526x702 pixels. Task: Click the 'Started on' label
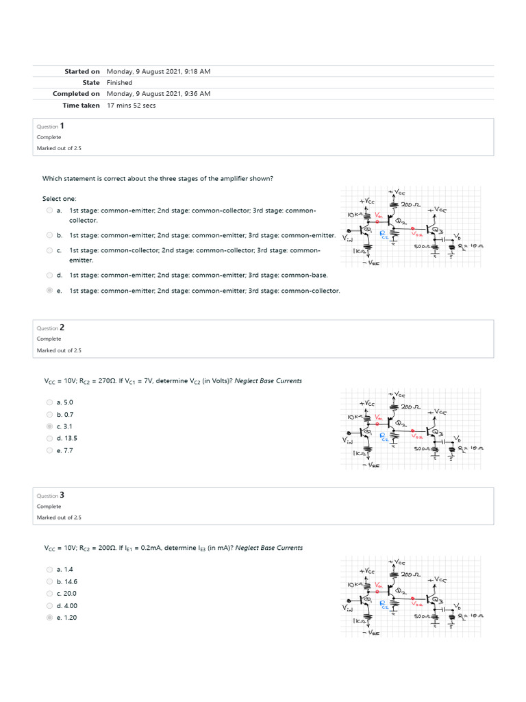[82, 71]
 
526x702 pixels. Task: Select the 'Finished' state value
[119, 82]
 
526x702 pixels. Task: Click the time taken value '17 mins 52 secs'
[131, 106]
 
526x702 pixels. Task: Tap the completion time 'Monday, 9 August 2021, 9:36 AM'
[158, 94]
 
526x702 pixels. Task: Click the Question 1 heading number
[62, 126]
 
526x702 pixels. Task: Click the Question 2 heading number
[62, 328]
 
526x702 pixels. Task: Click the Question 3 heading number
[62, 495]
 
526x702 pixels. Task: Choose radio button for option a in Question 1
[49, 210]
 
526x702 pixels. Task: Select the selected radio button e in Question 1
[49, 291]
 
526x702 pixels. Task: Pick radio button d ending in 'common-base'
[49, 275]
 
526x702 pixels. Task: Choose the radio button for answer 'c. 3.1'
[49, 426]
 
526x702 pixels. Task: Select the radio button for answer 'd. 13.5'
[49, 439]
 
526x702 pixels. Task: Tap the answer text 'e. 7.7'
[65, 451]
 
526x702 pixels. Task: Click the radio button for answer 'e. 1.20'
[49, 618]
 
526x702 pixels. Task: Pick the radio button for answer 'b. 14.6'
[49, 581]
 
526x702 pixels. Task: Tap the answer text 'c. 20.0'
[66, 594]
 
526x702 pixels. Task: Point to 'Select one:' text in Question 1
[60, 198]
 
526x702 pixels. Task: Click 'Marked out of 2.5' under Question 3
[59, 518]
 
